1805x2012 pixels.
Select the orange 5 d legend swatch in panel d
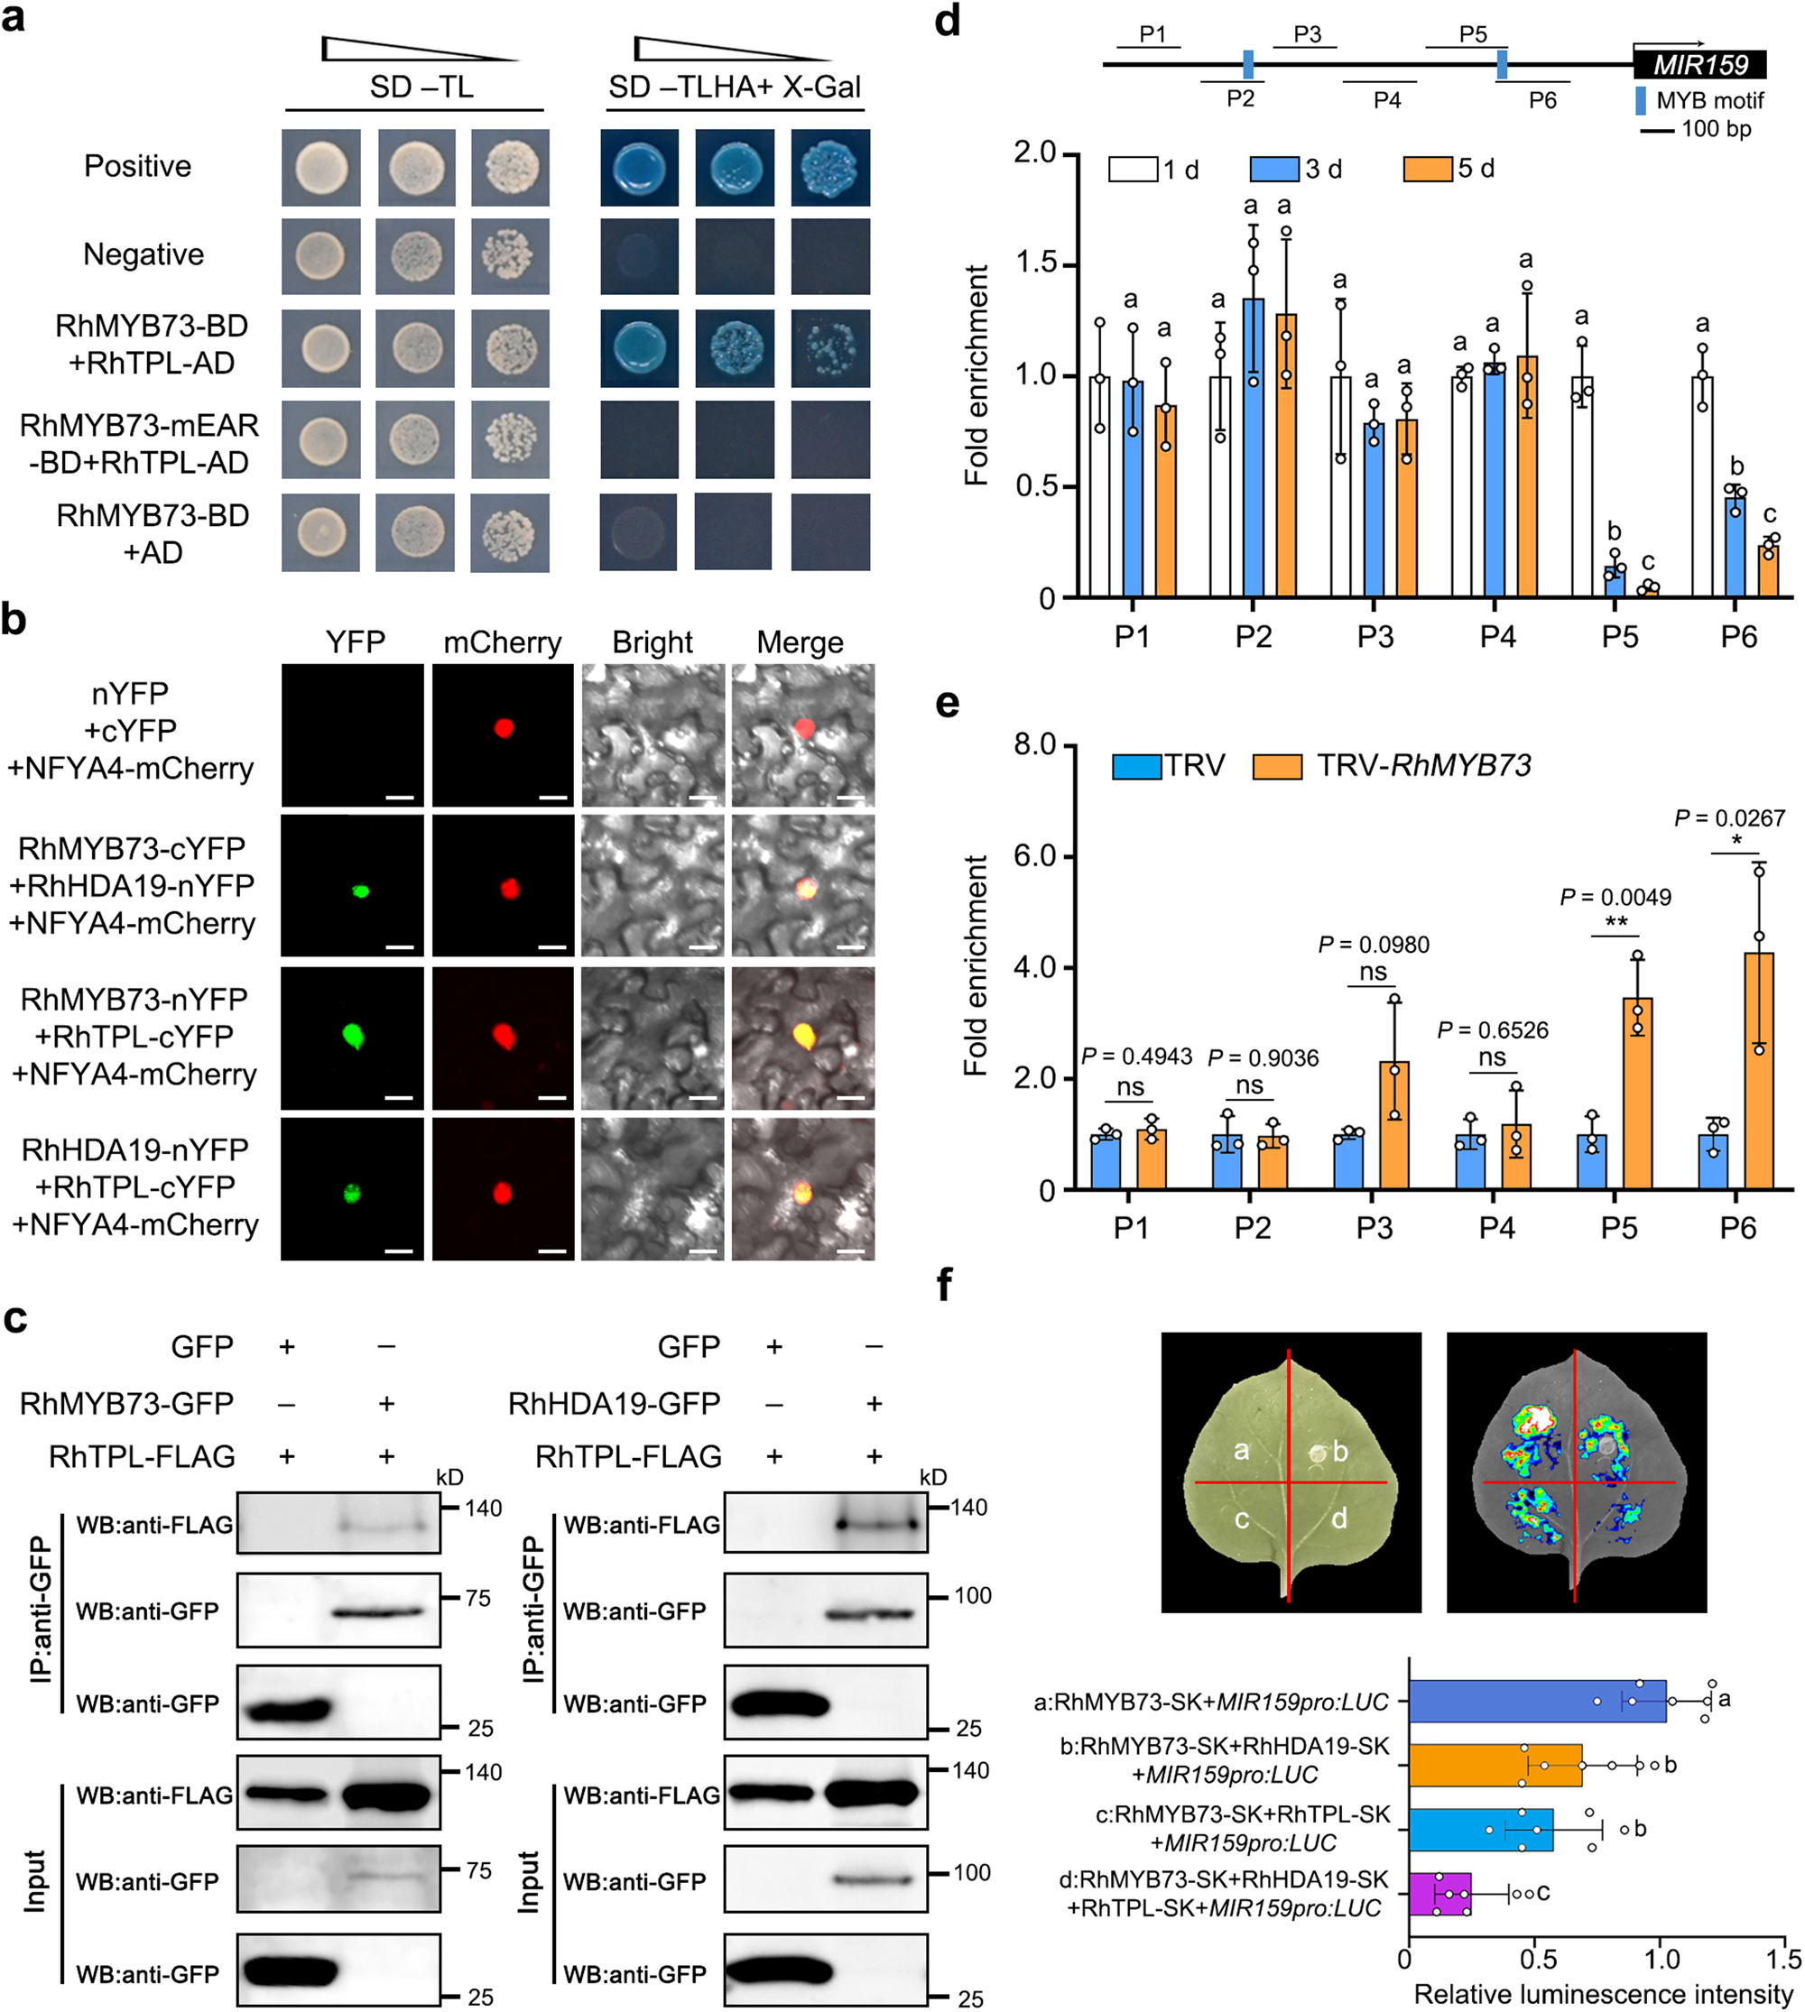point(1427,169)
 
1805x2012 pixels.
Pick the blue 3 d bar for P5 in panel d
point(1615,581)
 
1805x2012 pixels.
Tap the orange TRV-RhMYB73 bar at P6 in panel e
point(1758,1070)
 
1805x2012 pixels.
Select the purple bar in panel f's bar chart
point(1439,1894)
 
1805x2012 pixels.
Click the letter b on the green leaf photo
point(1340,1452)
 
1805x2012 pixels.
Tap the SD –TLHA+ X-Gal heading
point(734,88)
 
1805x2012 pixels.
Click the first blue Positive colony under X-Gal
point(640,168)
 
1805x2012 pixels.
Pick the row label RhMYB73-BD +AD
point(153,533)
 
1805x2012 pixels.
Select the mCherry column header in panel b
point(502,642)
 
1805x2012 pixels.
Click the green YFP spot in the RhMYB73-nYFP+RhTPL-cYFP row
point(352,1037)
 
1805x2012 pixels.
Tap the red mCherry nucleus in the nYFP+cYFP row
point(504,729)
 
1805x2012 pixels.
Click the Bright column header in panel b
point(652,642)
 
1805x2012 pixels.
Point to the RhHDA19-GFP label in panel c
point(613,1403)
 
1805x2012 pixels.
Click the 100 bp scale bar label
point(1715,129)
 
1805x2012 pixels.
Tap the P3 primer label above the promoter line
point(1307,34)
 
